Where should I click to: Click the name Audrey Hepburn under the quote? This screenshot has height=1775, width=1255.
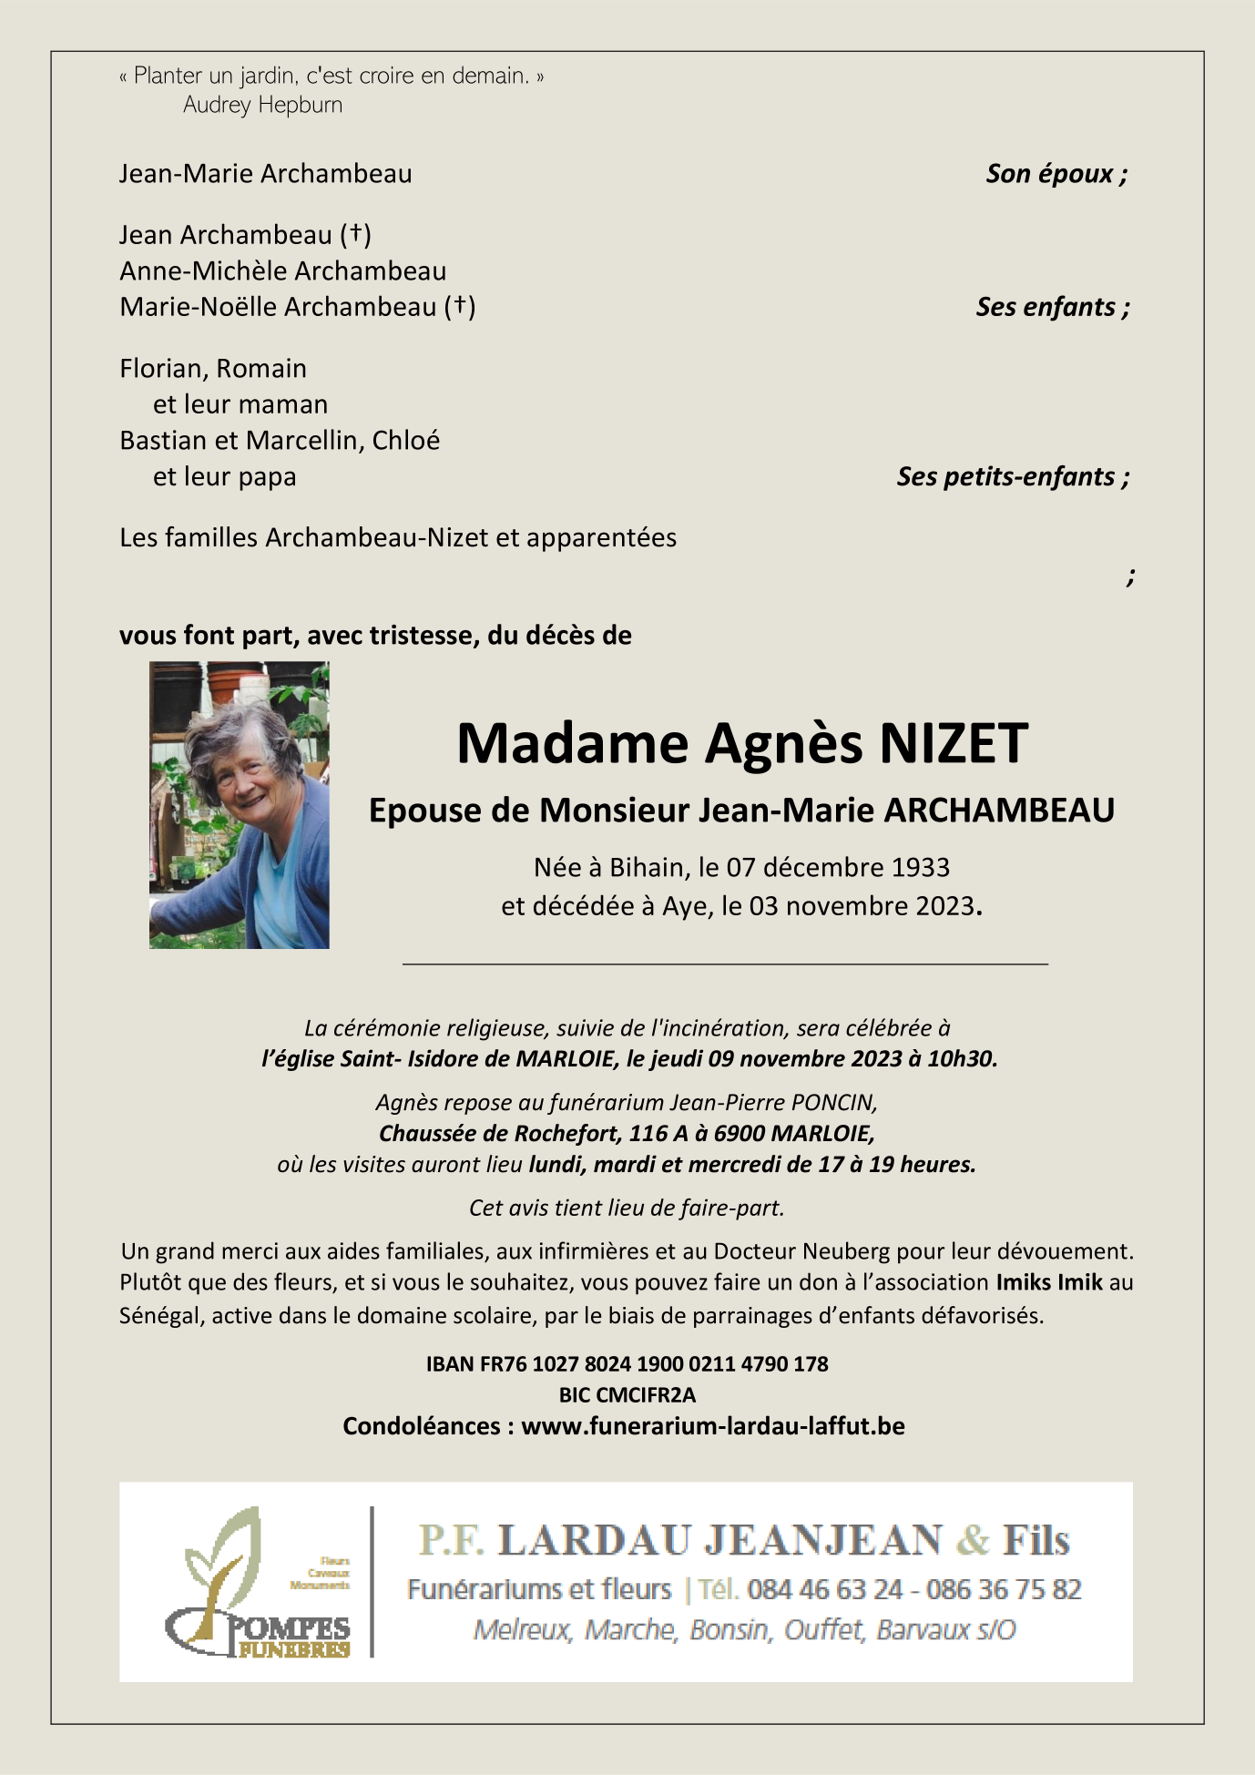click(262, 106)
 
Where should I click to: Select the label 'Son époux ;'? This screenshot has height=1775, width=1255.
click(1056, 174)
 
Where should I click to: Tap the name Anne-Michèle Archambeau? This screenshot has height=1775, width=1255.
click(282, 271)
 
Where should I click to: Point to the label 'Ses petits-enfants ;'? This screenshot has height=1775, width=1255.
click(1013, 476)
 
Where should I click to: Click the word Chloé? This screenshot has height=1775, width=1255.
click(406, 441)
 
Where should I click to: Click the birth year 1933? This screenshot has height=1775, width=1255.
click(916, 867)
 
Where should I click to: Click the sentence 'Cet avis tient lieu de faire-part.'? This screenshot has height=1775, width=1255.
click(627, 1209)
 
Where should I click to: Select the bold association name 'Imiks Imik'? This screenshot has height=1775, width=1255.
click(1049, 1283)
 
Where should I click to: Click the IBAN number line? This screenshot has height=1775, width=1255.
click(627, 1364)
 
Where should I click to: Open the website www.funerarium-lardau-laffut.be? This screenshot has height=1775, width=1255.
click(712, 1426)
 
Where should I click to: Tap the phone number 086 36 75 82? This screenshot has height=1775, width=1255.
click(1004, 1589)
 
